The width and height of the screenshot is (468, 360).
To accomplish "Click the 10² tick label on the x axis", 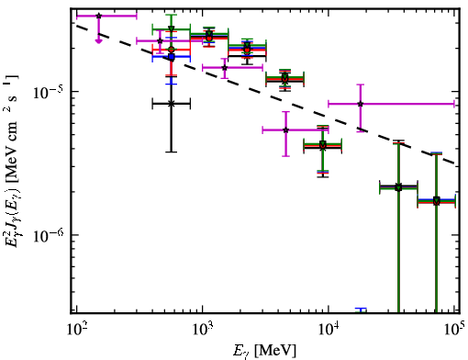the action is [76, 330].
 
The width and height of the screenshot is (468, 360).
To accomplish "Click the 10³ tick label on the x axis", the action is [202, 330].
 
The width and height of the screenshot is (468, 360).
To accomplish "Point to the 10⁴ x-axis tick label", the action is [329, 330].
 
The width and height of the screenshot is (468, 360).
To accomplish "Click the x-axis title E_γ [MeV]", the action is [264, 351].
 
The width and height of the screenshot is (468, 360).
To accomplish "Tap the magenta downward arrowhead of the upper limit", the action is [98, 40].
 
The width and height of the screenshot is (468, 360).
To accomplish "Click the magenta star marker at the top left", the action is [98, 16].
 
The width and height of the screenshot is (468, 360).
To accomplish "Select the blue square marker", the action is [172, 57].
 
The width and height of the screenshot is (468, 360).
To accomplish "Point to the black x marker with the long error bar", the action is [172, 104].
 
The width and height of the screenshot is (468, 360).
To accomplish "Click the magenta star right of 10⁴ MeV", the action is [361, 104].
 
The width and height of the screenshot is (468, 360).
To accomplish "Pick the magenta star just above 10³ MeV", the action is [225, 67].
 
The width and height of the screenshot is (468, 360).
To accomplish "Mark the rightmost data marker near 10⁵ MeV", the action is [436, 201].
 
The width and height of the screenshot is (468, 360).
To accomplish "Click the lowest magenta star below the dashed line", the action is [286, 130].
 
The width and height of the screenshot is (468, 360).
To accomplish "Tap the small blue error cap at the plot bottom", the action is [361, 309].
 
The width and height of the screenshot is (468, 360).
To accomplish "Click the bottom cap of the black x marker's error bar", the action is [172, 152].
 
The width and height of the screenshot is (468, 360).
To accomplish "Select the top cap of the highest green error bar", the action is [172, 15].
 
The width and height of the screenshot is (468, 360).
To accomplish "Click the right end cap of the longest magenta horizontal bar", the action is [454, 104].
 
